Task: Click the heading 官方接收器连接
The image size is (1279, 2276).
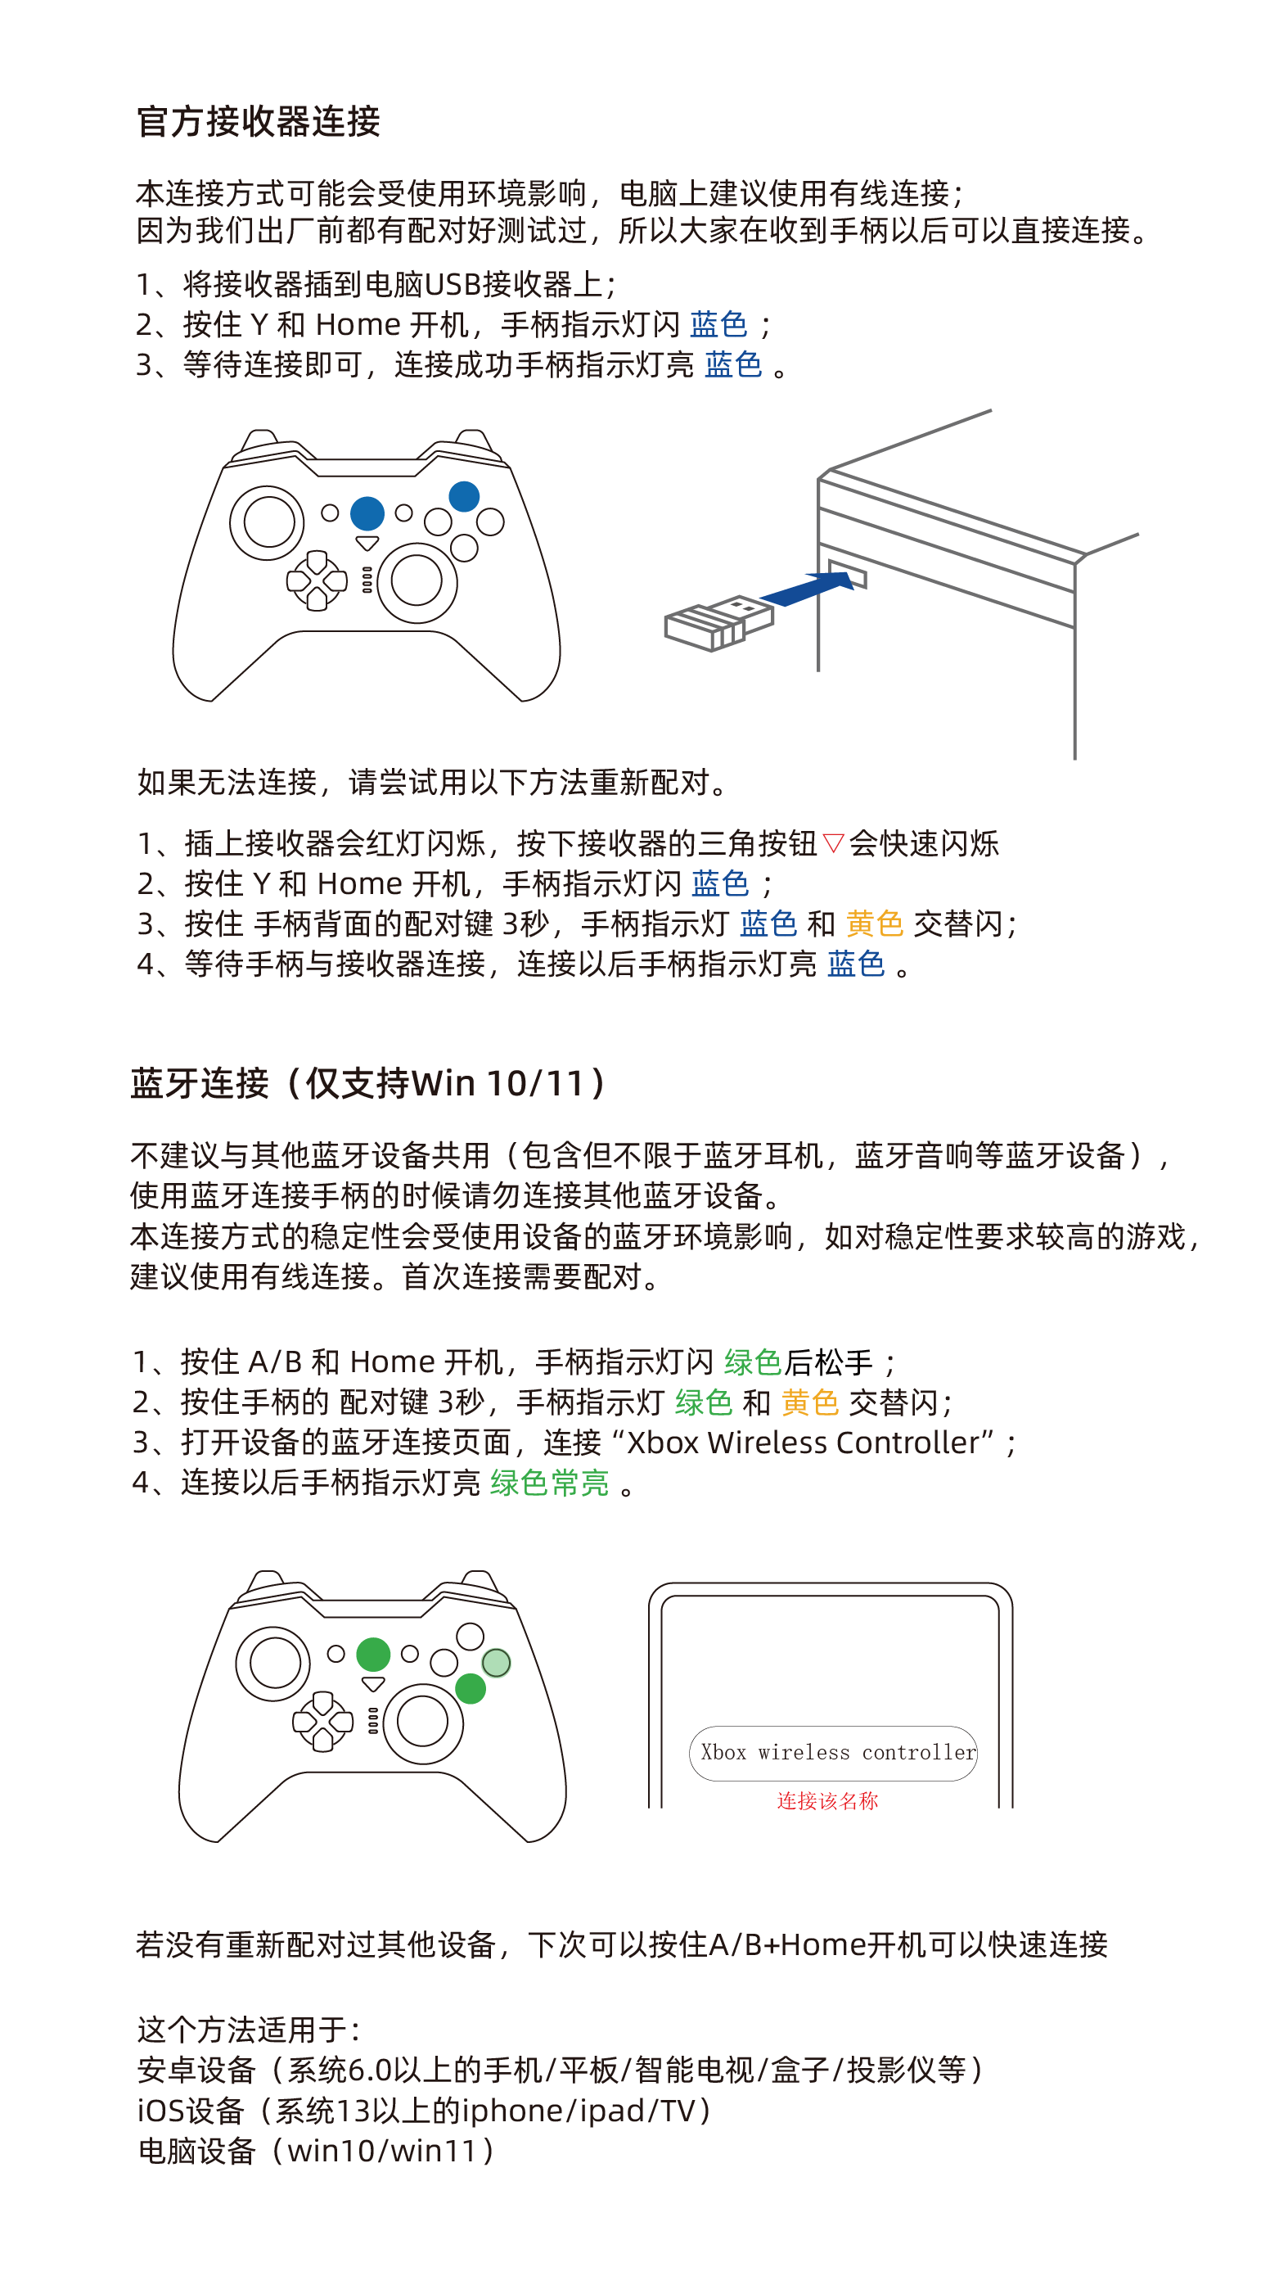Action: pyautogui.click(x=258, y=121)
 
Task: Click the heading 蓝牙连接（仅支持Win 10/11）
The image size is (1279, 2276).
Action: pyautogui.click(x=368, y=1082)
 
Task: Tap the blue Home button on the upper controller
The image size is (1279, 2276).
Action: pyautogui.click(x=367, y=513)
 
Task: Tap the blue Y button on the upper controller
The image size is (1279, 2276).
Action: pyautogui.click(x=464, y=497)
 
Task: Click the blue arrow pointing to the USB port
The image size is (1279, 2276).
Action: pyautogui.click(x=809, y=588)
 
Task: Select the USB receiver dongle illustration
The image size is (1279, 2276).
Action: pyautogui.click(x=719, y=622)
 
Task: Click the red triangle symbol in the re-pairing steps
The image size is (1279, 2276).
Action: pyautogui.click(x=833, y=843)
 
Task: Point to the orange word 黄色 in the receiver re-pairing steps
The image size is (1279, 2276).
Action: pyautogui.click(x=875, y=923)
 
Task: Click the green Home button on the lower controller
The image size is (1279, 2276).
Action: pyautogui.click(x=374, y=1654)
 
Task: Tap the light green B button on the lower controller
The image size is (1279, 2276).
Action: pyautogui.click(x=497, y=1663)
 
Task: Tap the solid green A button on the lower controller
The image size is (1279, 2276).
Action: pyautogui.click(x=471, y=1688)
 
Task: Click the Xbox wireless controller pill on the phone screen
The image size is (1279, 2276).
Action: pyautogui.click(x=833, y=1753)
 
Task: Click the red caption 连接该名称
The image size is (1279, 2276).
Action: pyautogui.click(x=827, y=1800)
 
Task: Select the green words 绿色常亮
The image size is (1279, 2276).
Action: pyautogui.click(x=549, y=1483)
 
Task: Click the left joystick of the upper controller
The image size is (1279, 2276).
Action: pyautogui.click(x=268, y=522)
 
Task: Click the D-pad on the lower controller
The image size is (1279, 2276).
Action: pyautogui.click(x=322, y=1721)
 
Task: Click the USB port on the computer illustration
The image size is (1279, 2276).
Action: pyautogui.click(x=847, y=573)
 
